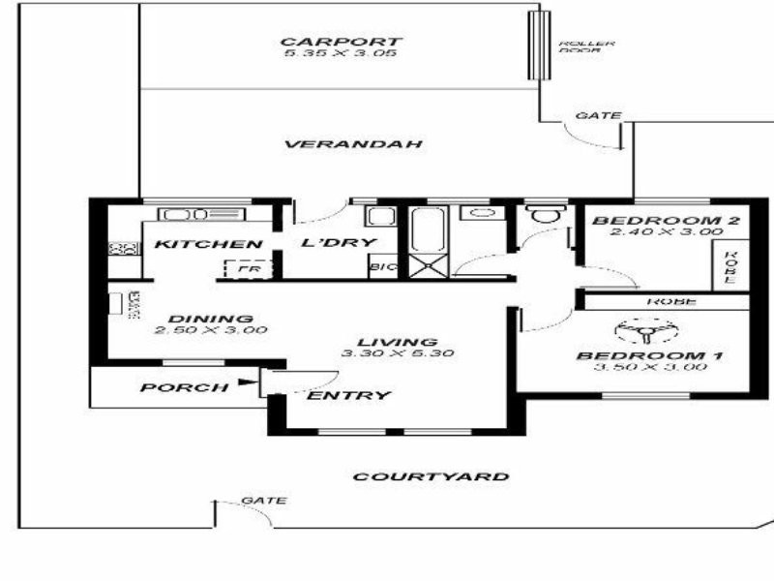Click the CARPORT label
pos(341,42)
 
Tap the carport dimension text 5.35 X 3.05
pos(341,53)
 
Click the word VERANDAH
pos(354,144)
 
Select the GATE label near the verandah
pos(598,115)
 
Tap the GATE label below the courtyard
pos(263,501)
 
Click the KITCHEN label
pos(207,244)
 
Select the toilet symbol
pos(543,215)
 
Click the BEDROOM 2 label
pos(667,221)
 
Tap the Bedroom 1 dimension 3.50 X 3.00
pos(649,369)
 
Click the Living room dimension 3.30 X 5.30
pos(397,353)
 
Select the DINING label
pos(210,319)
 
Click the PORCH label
pos(169,388)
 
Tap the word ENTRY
pos(348,395)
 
